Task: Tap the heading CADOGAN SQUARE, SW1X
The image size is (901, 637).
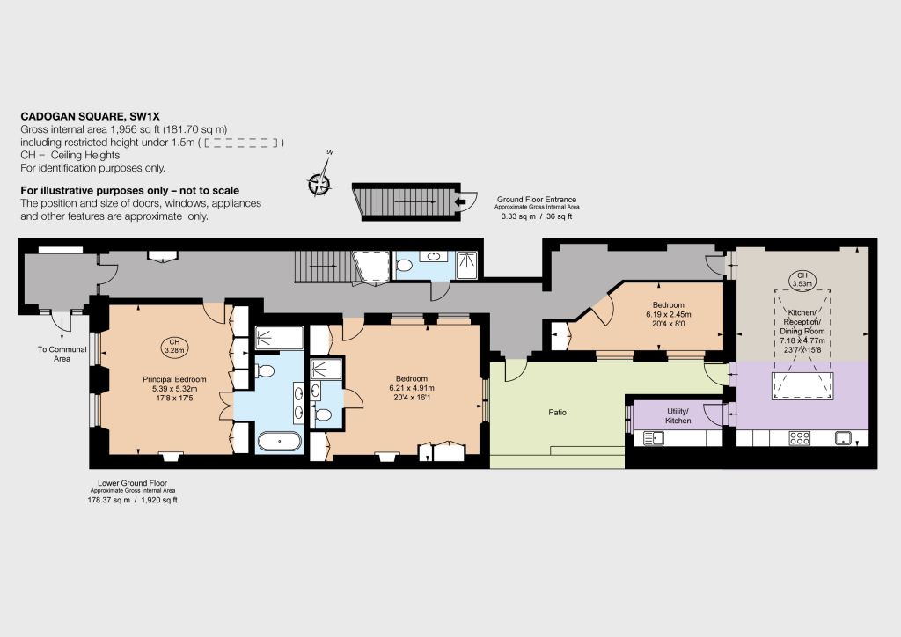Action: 91,117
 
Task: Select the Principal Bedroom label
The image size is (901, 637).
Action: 174,379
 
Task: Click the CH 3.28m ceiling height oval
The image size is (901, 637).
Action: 174,347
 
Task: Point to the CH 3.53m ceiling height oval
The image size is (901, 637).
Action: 802,280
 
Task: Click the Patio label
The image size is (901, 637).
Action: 557,413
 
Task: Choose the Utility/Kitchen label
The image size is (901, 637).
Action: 678,416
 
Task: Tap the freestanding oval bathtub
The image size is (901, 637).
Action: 279,441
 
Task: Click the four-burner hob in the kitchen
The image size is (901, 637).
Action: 800,438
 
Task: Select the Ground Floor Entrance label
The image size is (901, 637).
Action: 537,200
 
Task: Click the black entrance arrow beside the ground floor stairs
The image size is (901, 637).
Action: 459,201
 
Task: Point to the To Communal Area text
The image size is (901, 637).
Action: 62,354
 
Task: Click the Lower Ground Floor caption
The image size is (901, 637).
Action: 132,483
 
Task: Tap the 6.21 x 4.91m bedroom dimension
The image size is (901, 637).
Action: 412,388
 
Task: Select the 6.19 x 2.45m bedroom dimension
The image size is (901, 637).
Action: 669,314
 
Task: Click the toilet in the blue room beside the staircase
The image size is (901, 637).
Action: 405,265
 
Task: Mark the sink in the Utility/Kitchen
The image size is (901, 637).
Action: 654,438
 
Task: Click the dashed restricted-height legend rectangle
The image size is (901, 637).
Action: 241,143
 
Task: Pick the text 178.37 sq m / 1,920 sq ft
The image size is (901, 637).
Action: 132,500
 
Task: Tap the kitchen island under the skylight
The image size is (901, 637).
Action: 802,386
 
